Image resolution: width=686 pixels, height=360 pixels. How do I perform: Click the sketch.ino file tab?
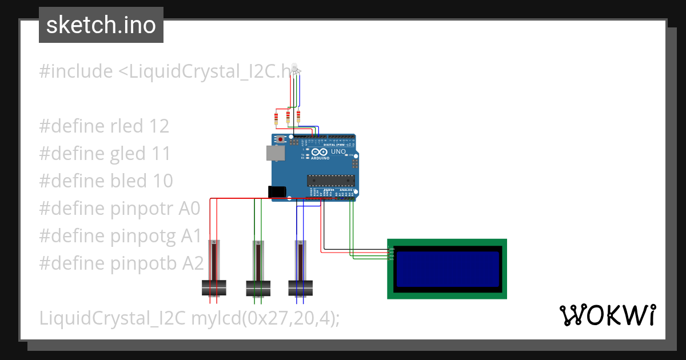101,25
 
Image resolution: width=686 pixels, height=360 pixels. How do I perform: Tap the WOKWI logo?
607,315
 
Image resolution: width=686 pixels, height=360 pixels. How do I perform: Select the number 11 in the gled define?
160,154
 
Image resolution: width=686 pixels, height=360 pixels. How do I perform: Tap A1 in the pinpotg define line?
192,236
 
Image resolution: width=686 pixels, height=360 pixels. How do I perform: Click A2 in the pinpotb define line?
193,263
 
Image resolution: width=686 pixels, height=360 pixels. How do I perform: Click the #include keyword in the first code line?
75,71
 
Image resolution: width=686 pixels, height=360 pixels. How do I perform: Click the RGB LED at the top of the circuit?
295,69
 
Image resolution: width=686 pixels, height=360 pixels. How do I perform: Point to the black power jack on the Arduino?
277,193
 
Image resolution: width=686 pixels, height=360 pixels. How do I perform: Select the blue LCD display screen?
447,269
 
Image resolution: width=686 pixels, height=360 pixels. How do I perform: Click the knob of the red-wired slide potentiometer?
214,287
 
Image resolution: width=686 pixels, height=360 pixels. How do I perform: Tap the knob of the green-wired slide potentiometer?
258,287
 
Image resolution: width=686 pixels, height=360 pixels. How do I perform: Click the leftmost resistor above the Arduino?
277,119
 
